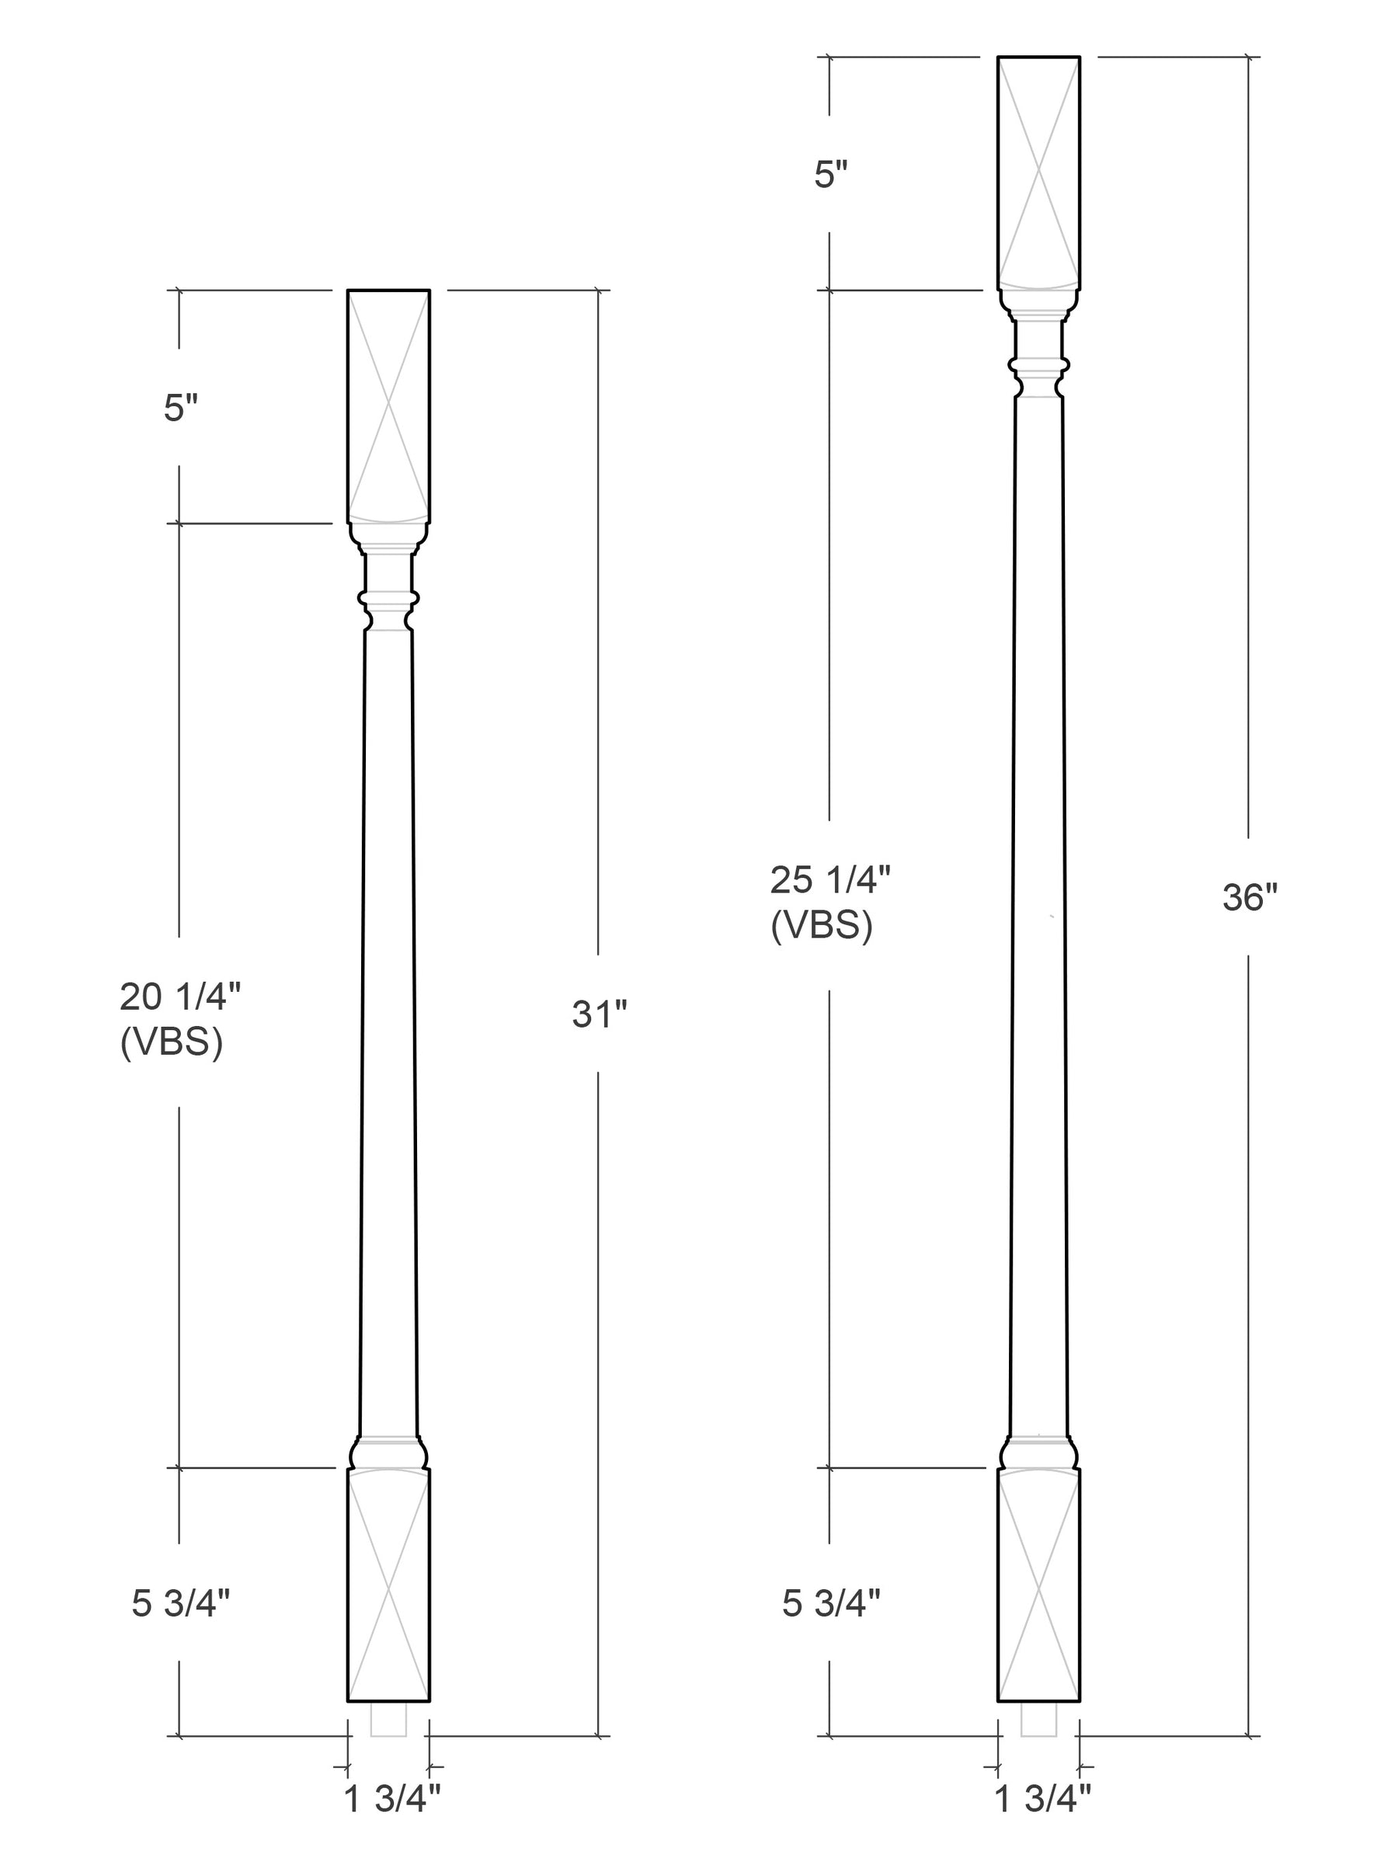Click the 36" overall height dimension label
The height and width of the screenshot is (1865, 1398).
tap(1250, 897)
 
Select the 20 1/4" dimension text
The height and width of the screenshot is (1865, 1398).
tap(180, 997)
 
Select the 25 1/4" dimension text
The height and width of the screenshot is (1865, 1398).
tap(830, 880)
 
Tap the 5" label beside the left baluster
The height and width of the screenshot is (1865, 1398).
tap(180, 409)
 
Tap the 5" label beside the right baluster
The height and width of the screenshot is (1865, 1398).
tap(830, 175)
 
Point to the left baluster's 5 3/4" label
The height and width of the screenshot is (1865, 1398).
tap(180, 1602)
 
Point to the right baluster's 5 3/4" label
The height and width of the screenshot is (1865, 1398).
tap(831, 1602)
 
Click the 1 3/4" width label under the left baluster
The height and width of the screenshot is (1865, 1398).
tap(392, 1799)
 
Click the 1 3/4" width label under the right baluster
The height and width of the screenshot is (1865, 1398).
tap(1043, 1799)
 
